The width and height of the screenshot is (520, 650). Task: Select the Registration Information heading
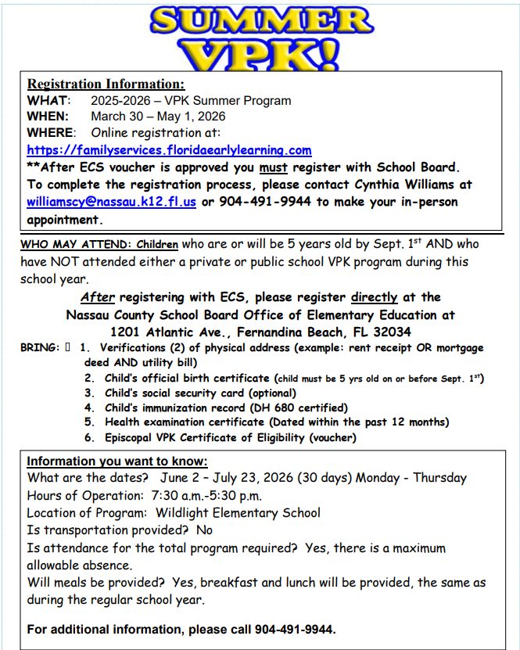[106, 84]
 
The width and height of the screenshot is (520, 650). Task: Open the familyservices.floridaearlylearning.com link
[169, 150]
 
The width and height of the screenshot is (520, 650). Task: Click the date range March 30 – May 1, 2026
[158, 117]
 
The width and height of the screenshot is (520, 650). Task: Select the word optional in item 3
[271, 393]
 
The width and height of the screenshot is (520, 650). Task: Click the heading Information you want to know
[117, 461]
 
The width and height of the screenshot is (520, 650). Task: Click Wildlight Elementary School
[238, 513]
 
